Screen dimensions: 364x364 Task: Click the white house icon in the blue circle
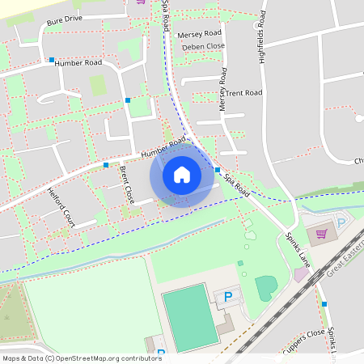[182, 175]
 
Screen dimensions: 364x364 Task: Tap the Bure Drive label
[65, 19]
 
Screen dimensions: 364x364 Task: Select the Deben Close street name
[203, 47]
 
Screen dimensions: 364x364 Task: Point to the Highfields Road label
[262, 37]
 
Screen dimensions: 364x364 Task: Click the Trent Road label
[244, 94]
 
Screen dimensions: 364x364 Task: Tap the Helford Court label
[61, 207]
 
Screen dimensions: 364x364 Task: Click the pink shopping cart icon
[322, 235]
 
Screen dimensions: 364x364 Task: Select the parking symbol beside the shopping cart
[341, 222]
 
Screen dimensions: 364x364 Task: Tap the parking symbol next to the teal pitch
[227, 298]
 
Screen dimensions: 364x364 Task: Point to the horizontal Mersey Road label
[201, 35]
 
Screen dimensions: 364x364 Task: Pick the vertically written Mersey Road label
[223, 88]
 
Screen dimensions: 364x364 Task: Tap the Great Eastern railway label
[343, 265]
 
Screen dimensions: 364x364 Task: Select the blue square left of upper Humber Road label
[51, 60]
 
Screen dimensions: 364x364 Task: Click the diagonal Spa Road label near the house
[237, 185]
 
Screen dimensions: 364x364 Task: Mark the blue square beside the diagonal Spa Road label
[218, 170]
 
